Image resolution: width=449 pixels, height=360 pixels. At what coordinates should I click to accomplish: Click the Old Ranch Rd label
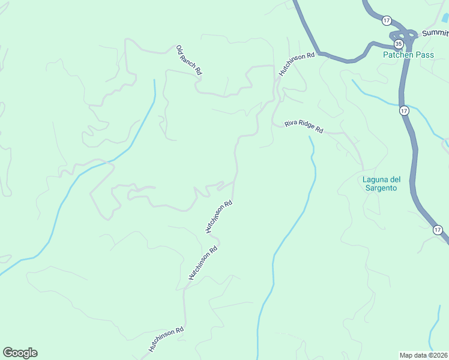tap(189, 60)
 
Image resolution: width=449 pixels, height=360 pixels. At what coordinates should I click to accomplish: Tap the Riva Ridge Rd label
tap(304, 127)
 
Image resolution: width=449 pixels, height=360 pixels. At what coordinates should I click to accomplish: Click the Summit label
tap(435, 34)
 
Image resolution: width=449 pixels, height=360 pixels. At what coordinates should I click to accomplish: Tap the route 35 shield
tap(399, 44)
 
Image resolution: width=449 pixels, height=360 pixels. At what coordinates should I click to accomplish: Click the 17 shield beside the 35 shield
tap(387, 20)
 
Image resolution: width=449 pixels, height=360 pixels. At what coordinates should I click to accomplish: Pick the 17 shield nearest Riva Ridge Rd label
tap(404, 110)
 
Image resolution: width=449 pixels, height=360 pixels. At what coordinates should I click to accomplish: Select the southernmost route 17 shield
tap(438, 230)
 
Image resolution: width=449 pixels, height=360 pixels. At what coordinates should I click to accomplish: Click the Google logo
tap(20, 353)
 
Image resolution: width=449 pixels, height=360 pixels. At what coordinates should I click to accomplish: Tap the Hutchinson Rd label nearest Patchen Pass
tap(297, 64)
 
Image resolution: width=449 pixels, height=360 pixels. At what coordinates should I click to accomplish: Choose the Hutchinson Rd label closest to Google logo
tap(166, 340)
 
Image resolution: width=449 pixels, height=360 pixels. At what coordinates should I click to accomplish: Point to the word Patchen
tap(396, 55)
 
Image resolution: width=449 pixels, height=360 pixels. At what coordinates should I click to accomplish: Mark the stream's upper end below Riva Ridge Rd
tap(310, 137)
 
